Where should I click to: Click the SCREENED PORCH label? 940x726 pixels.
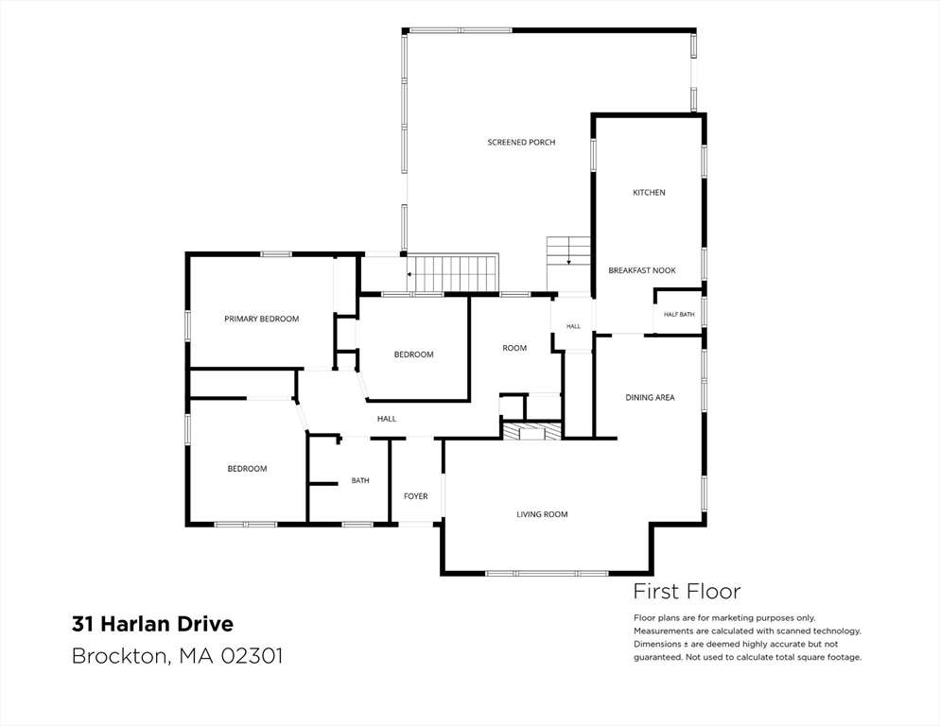[x=521, y=142]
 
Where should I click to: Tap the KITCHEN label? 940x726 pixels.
[x=649, y=193]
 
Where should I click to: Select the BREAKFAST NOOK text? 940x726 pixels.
[x=642, y=270]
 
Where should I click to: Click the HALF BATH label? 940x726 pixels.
[x=679, y=314]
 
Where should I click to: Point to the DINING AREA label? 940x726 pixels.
[x=650, y=397]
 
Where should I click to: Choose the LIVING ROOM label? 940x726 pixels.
[x=542, y=514]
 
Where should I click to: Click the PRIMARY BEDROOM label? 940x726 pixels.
[x=261, y=319]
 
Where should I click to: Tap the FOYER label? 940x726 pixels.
[x=415, y=496]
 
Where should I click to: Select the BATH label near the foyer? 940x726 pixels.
[x=360, y=480]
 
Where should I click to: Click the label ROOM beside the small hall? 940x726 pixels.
[x=514, y=348]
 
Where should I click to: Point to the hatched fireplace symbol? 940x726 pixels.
[x=532, y=432]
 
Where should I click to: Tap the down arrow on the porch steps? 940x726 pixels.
[x=568, y=261]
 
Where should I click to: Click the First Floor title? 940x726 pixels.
[x=687, y=592]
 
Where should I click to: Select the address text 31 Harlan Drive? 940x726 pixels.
[x=152, y=624]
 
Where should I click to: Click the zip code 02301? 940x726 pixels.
[x=252, y=655]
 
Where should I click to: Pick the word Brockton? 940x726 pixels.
[x=119, y=655]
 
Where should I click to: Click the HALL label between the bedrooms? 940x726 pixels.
[x=387, y=419]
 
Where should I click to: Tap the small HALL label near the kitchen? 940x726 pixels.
[x=573, y=327]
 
